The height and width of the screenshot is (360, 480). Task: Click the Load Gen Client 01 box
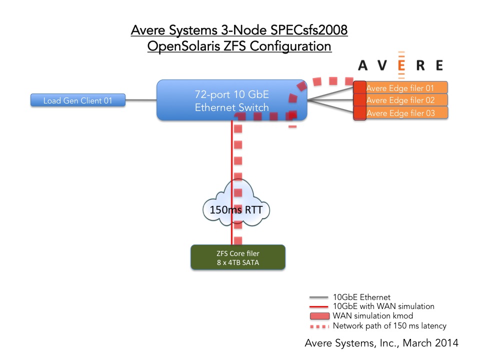(x=78, y=100)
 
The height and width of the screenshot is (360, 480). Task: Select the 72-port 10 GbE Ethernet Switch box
(x=231, y=100)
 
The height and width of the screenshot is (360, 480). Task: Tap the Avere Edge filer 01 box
(x=400, y=88)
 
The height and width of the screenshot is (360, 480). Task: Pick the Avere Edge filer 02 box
(x=400, y=100)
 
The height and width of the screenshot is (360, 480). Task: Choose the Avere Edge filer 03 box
(x=400, y=113)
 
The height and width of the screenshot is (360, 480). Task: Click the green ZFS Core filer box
(x=238, y=257)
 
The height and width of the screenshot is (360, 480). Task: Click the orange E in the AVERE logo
(x=401, y=65)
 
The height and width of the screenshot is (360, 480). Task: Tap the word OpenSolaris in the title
(x=183, y=46)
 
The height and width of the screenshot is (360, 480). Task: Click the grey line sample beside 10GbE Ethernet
(x=318, y=297)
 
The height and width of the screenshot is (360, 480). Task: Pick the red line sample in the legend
(x=318, y=306)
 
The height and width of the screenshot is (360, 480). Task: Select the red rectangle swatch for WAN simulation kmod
(x=319, y=316)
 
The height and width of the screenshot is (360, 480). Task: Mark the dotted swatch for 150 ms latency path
(x=319, y=326)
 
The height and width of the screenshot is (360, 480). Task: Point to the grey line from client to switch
(x=141, y=100)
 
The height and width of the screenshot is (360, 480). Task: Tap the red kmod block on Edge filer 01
(x=360, y=87)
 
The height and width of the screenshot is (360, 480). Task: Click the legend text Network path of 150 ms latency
(x=389, y=325)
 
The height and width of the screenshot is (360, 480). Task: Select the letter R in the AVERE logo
(x=420, y=65)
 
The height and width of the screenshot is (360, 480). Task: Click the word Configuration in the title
(x=290, y=46)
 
